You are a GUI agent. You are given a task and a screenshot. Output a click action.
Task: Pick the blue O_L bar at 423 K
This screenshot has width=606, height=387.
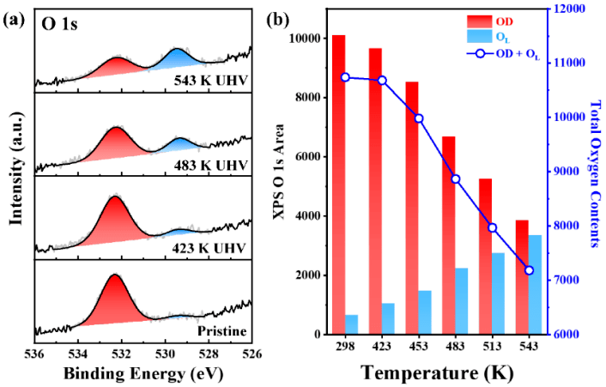pyautogui.click(x=389, y=318)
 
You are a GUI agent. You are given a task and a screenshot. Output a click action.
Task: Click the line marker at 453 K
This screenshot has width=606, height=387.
pyautogui.click(x=419, y=118)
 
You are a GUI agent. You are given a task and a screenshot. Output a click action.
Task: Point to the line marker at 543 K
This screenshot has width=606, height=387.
pyautogui.click(x=529, y=270)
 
